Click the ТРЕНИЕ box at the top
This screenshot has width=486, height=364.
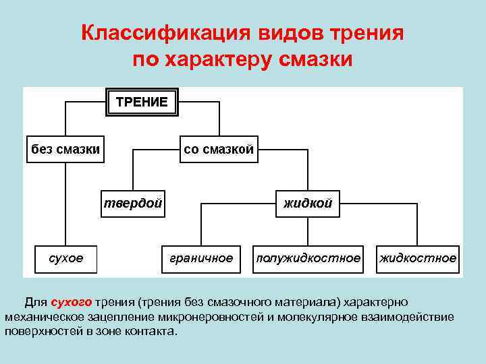(x=142, y=102)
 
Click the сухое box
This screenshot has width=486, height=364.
(x=66, y=258)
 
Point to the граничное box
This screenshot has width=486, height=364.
(x=200, y=258)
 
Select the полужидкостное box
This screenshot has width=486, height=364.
(x=308, y=258)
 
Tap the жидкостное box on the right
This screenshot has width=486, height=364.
(x=418, y=258)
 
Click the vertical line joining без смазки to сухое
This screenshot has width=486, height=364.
(x=65, y=202)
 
